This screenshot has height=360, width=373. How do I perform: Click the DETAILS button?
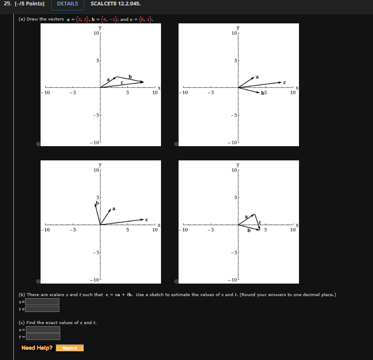coord(67,4)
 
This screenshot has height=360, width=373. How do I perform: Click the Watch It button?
coord(70,348)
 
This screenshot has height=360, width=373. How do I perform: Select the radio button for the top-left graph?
coord(38,144)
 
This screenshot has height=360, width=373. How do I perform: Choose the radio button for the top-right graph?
coord(176,144)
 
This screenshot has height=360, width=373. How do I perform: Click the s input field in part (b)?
coord(42,302)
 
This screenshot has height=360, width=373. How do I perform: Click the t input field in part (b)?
coord(42,309)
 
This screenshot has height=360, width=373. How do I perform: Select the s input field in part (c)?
coord(43,329)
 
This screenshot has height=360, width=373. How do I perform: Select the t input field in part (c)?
coord(43,337)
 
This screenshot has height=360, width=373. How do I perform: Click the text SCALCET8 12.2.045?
coord(116,4)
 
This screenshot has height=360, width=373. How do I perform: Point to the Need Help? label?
coord(37,348)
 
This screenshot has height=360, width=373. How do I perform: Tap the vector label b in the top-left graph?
coord(130,76)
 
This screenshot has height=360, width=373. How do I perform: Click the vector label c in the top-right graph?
coord(284,82)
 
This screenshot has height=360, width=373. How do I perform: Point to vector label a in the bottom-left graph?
coord(114,208)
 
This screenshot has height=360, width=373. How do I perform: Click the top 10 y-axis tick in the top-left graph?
coord(96,33)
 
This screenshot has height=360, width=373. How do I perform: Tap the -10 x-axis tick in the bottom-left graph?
coord(46,230)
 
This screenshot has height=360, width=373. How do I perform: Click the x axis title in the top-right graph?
coord(297,88)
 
